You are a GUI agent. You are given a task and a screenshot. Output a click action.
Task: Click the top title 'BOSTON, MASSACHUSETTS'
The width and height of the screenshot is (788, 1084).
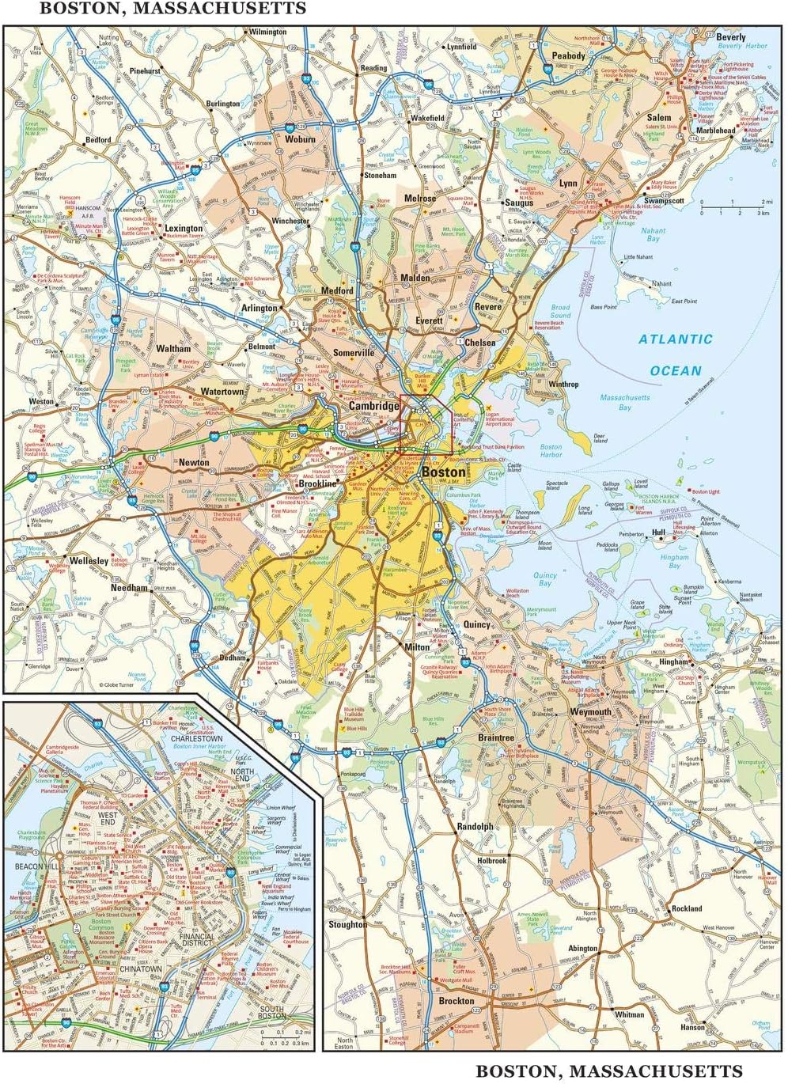173,9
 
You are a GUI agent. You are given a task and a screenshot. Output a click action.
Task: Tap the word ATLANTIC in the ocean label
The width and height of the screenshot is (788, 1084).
676,339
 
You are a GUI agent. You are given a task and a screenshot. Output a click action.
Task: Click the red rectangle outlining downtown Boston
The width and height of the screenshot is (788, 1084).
426,424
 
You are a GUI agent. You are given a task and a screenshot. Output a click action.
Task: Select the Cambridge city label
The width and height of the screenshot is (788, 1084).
374,406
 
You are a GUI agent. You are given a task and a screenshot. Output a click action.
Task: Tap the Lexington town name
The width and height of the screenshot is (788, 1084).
184,229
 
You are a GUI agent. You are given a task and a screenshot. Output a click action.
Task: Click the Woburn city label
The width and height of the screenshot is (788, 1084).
300,139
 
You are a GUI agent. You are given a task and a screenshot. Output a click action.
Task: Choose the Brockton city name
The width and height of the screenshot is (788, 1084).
457,1001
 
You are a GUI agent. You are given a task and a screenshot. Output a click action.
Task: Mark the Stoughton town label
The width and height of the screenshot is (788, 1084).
347,924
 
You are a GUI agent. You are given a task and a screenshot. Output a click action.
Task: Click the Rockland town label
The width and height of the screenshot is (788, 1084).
686,908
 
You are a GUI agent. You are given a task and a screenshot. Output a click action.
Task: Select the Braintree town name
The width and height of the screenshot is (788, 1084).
495,737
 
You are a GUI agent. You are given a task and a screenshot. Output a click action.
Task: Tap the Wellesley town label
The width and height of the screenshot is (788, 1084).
88,561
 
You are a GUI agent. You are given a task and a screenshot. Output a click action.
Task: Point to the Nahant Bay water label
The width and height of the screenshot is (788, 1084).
653,234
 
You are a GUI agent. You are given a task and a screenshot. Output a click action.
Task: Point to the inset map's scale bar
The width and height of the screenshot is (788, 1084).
278,1038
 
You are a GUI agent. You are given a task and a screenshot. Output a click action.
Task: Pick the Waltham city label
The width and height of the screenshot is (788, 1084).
173,348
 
